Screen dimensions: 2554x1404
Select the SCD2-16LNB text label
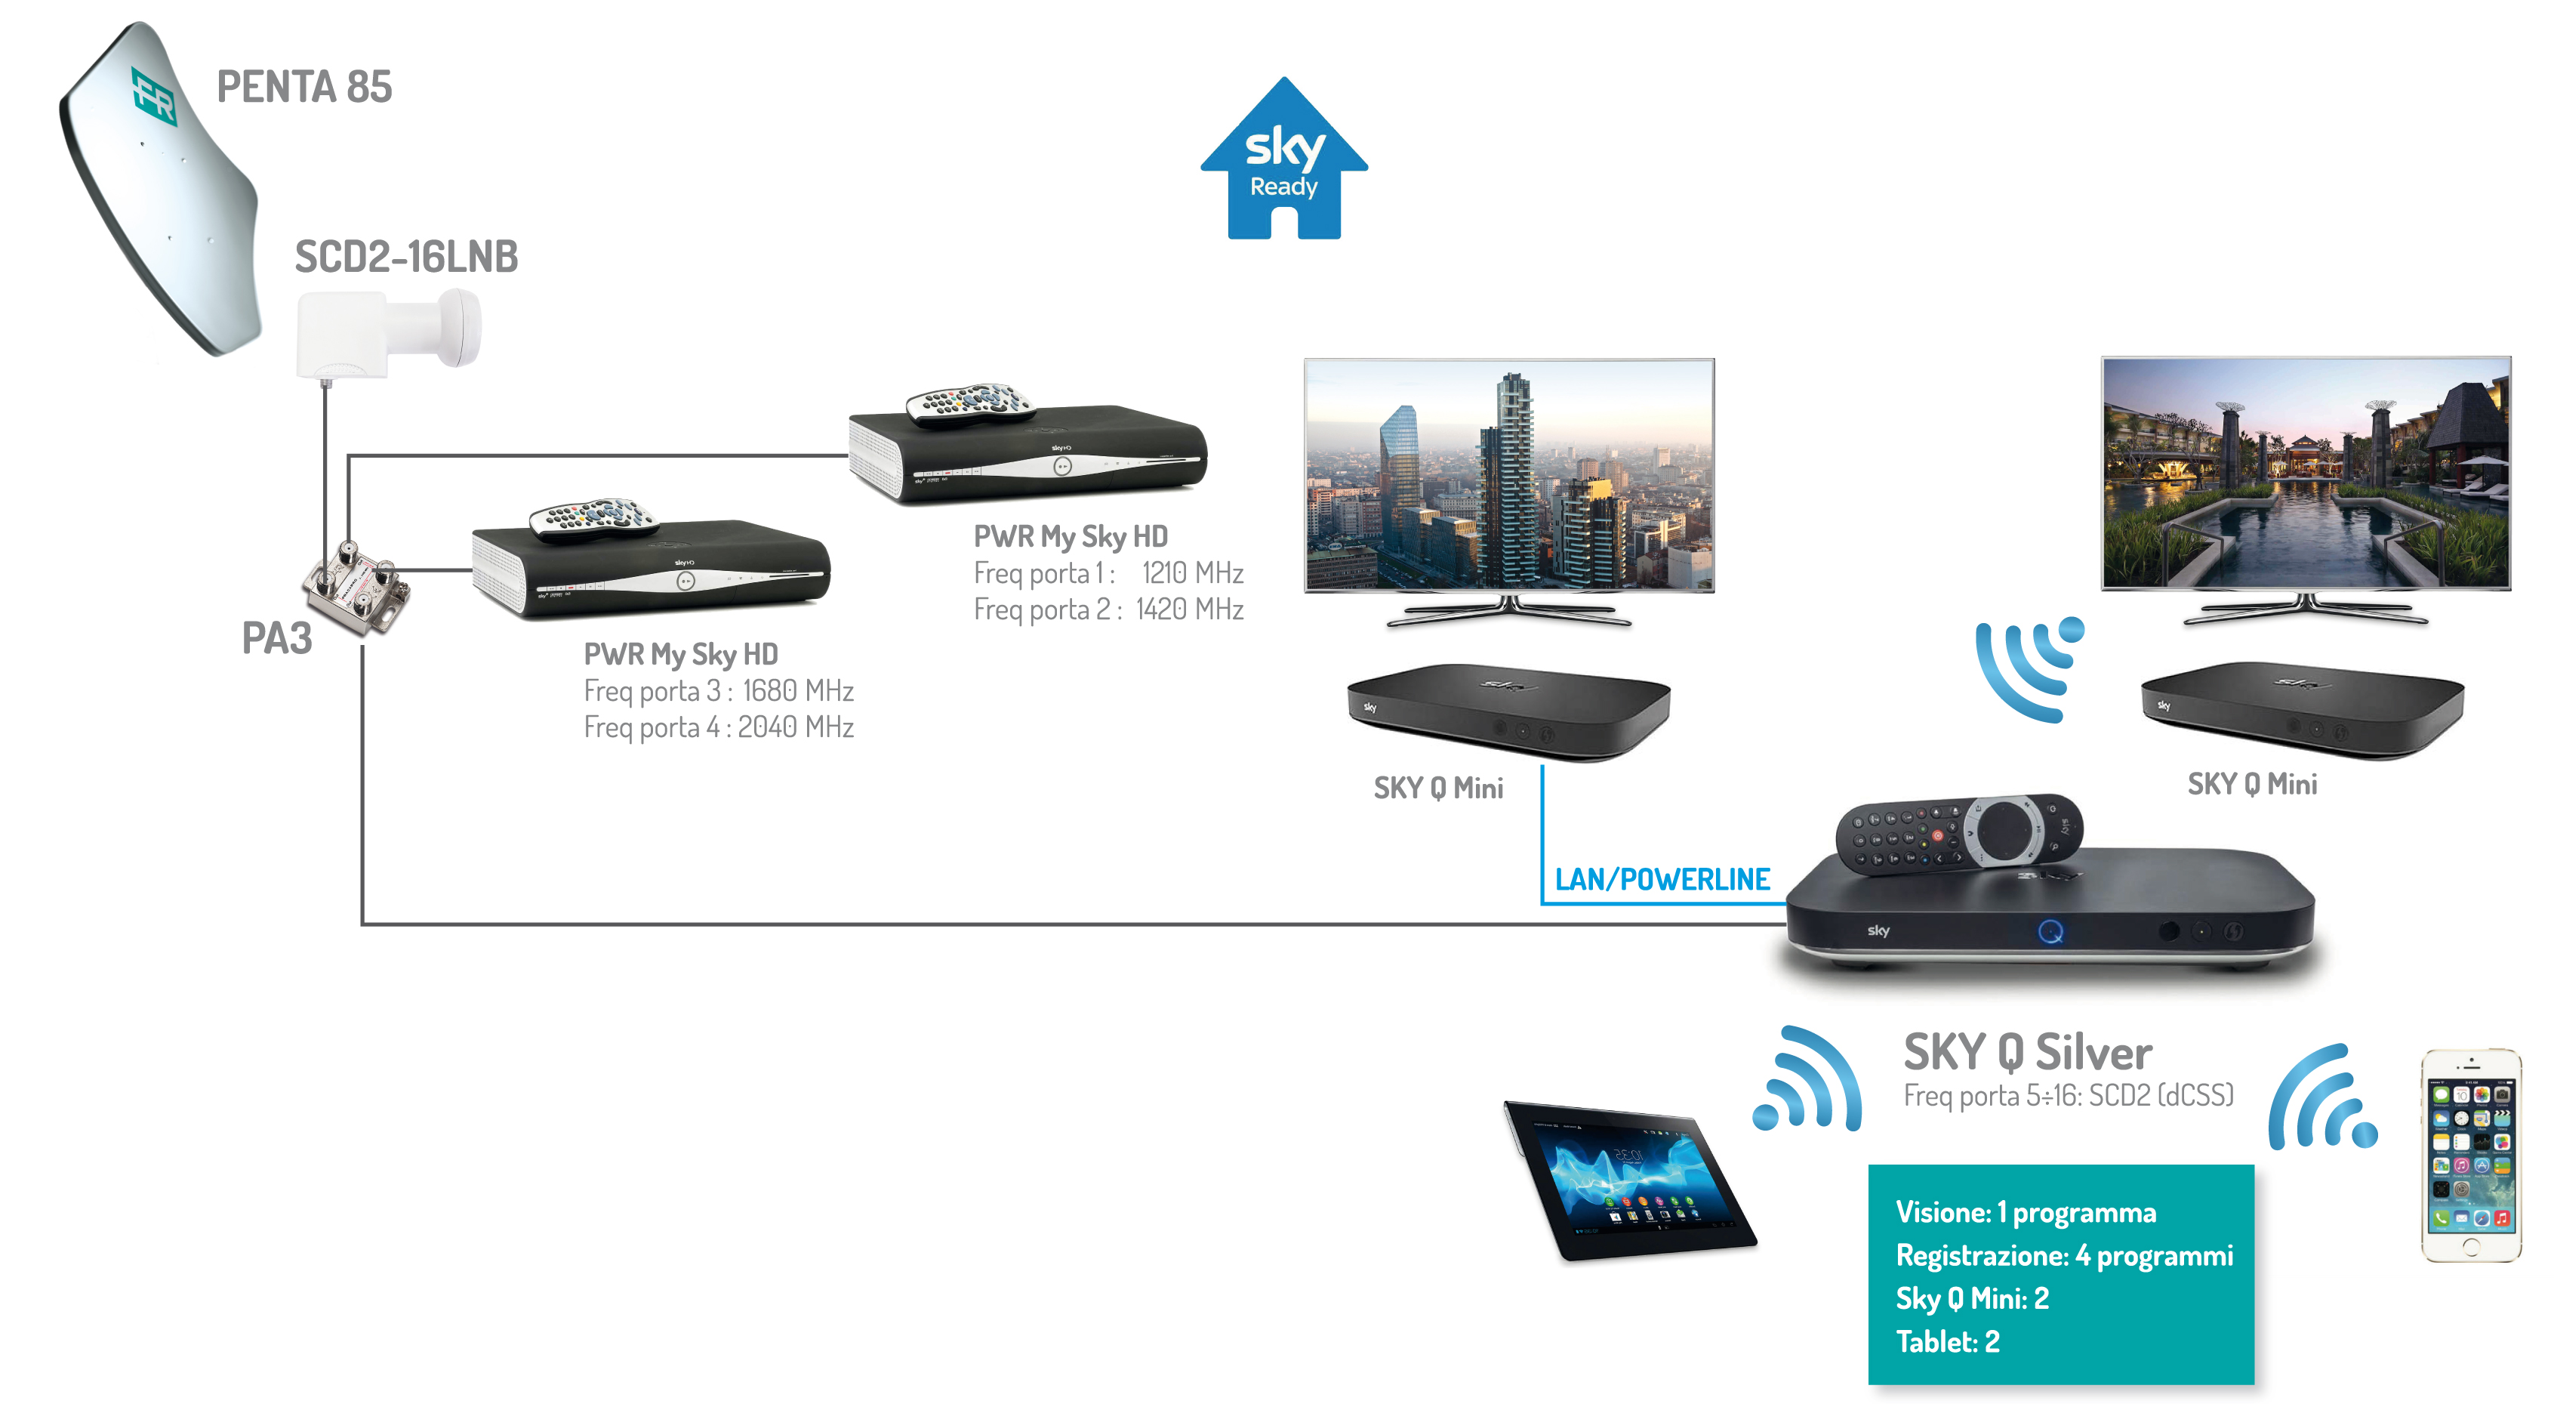pyautogui.click(x=406, y=257)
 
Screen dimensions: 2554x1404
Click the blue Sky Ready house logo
pyautogui.click(x=1284, y=159)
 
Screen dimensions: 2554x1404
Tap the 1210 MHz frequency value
pyautogui.click(x=1193, y=573)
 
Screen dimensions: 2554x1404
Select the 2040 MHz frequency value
pyautogui.click(x=795, y=728)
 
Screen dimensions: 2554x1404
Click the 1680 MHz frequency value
pyautogui.click(x=798, y=691)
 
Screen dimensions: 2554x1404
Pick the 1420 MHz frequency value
pyautogui.click(x=1190, y=609)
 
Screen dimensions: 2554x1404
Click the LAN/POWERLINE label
pyautogui.click(x=1662, y=880)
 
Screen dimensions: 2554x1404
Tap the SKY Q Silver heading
pyautogui.click(x=2028, y=1052)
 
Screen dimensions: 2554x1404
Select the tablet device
pyautogui.click(x=1630, y=1180)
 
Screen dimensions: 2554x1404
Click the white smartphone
pyautogui.click(x=2471, y=1155)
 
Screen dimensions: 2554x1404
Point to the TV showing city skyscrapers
pyautogui.click(x=1509, y=492)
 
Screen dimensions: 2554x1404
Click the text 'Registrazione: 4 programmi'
pyautogui.click(x=2064, y=1256)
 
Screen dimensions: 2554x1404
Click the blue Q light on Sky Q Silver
pyautogui.click(x=2050, y=932)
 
